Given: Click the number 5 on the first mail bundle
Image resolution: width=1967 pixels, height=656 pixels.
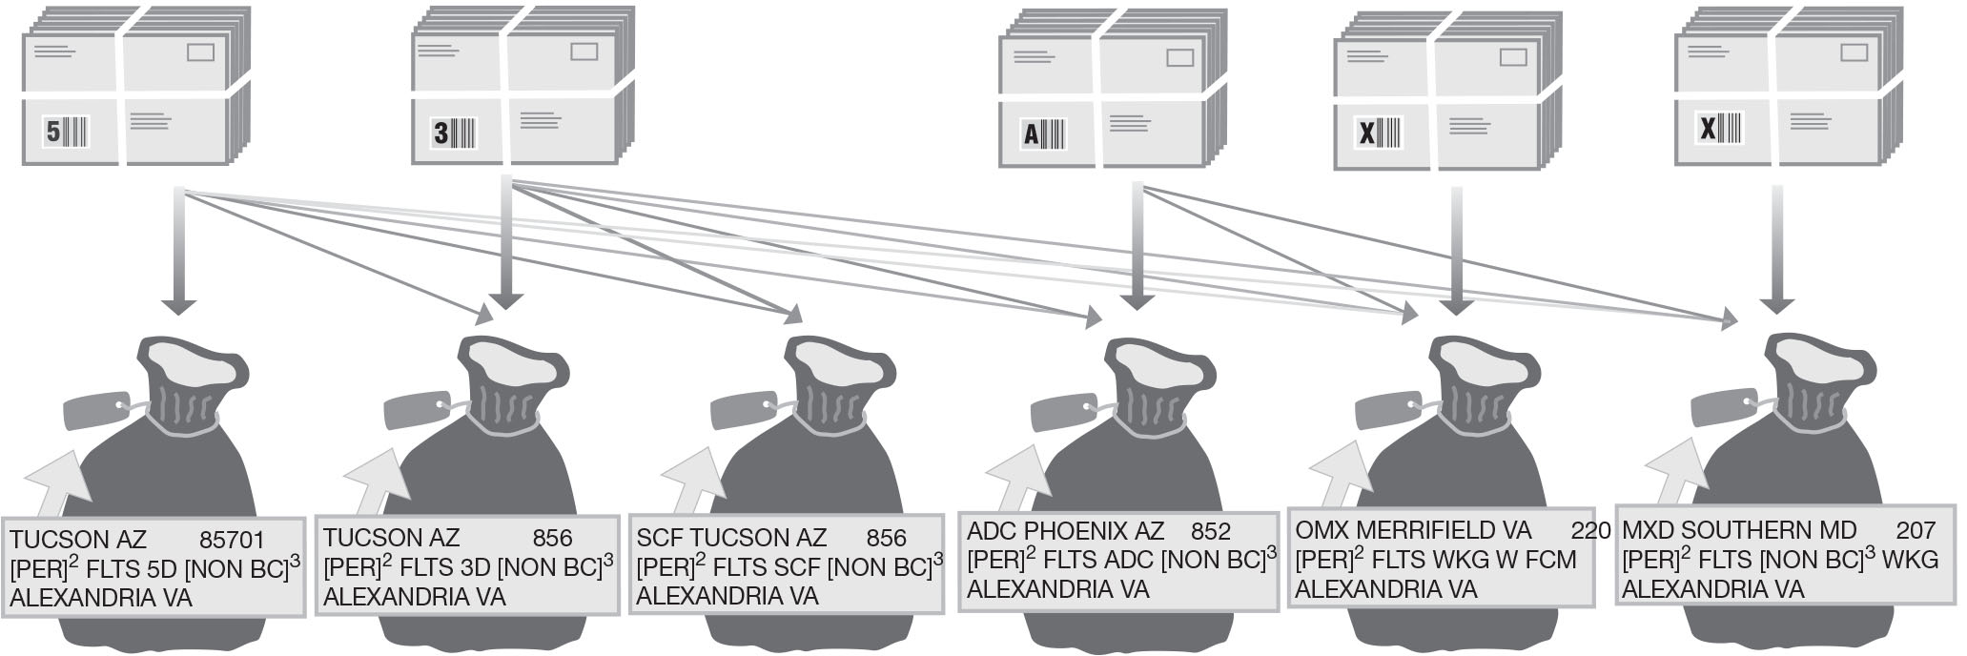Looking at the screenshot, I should [53, 132].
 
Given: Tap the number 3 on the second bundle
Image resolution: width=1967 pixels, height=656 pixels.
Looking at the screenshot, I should [440, 132].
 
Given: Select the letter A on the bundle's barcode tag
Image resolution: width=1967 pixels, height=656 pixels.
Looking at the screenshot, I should [1031, 134].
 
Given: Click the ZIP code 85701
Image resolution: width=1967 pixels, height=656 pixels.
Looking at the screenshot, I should [232, 540].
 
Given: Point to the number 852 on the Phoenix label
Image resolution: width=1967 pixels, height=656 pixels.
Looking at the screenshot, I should [1210, 531].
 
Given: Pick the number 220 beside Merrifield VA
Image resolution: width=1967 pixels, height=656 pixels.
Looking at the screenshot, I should [1590, 530].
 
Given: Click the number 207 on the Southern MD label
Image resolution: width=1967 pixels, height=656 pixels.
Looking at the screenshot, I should [1916, 530].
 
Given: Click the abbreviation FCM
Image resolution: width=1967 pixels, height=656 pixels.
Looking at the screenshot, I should [1544, 560].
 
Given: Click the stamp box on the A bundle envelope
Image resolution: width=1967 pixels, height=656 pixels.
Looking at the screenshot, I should [1179, 58].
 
